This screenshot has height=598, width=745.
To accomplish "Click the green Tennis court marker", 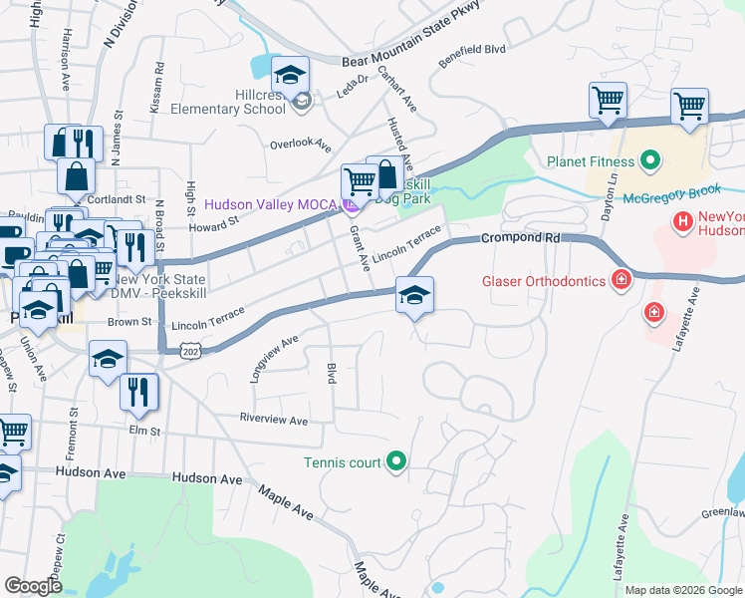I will tap(396, 460).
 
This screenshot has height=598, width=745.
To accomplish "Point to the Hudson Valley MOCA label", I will tap(271, 204).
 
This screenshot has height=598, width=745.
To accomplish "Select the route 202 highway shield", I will tap(191, 351).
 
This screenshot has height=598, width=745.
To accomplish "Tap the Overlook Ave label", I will tap(300, 145).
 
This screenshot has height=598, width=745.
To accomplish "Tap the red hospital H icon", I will tap(682, 221).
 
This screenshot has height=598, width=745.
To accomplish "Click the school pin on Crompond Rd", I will tap(414, 293).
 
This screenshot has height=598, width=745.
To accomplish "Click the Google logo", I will tap(34, 586).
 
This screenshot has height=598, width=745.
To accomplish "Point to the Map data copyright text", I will tap(683, 590).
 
